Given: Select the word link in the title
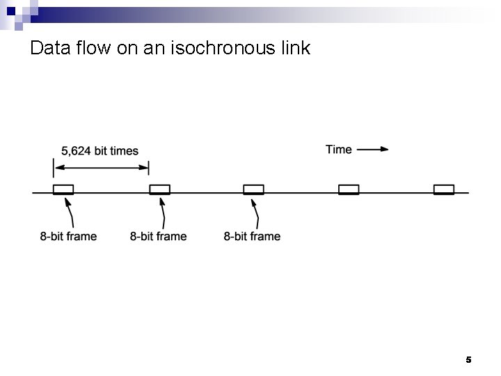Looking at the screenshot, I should (296, 49).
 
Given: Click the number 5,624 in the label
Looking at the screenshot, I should (77, 151).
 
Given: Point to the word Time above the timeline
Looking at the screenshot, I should (339, 149).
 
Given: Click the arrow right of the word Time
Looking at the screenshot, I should (374, 149).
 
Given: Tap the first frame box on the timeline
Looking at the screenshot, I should (63, 189).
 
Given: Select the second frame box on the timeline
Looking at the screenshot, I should (159, 189).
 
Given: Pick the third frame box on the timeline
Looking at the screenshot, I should (253, 189).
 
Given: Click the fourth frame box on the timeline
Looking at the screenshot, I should (349, 189).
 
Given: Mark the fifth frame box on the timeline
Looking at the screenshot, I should (444, 189).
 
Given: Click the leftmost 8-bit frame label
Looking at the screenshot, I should (68, 236).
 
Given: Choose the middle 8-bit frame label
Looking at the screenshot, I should (158, 236).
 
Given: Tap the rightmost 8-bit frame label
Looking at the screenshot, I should (252, 236).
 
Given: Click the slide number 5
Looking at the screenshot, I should (468, 360).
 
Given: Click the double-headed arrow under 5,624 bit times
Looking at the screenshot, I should (101, 167).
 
